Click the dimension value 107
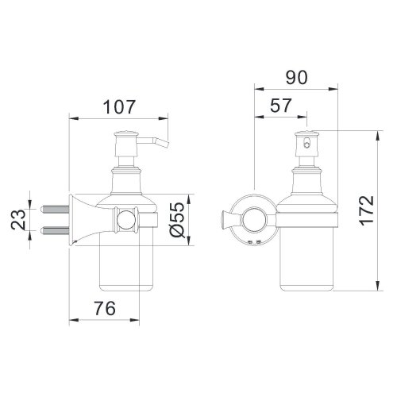tap(120, 106)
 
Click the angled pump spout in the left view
tap(159, 144)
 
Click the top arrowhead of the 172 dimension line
tap(375, 133)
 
